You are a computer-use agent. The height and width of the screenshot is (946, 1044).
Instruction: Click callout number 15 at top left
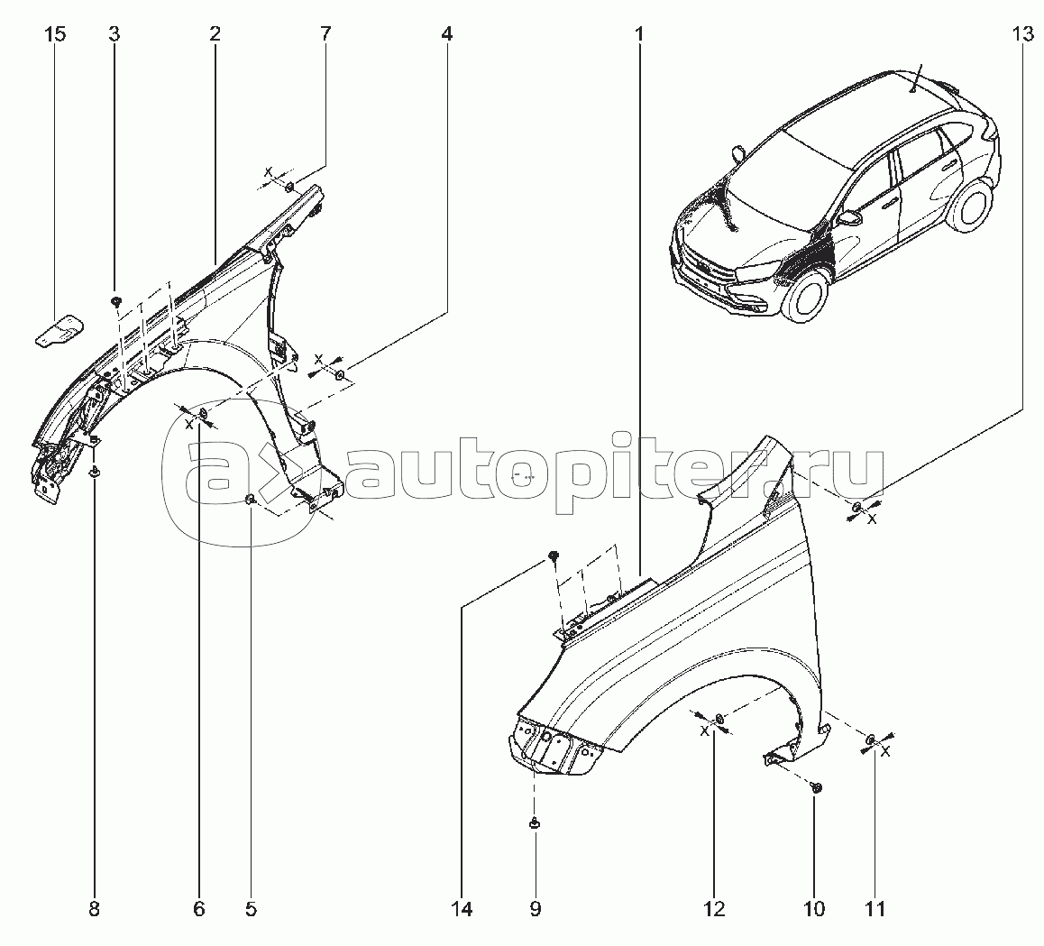point(56,34)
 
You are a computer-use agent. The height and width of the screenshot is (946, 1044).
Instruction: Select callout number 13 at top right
point(1022,34)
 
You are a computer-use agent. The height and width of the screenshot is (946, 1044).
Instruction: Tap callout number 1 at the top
point(639,34)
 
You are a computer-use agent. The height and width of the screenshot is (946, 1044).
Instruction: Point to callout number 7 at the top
point(325,34)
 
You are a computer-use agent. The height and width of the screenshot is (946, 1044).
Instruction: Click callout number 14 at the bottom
point(462,909)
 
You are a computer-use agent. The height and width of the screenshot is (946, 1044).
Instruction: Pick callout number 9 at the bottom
point(536,909)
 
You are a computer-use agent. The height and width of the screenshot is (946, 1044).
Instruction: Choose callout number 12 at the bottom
point(714,909)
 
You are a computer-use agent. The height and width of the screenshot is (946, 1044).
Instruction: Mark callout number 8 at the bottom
point(94,909)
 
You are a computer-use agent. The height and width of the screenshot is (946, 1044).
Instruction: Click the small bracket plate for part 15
point(60,330)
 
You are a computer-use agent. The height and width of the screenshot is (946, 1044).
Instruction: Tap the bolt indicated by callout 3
point(115,302)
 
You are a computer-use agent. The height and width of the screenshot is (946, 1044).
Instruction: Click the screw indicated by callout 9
point(534,824)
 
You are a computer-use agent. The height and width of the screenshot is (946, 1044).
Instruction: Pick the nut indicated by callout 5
point(250,500)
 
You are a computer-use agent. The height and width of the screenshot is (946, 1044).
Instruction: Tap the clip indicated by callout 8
point(94,473)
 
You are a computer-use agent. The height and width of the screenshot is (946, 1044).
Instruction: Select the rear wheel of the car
point(968,203)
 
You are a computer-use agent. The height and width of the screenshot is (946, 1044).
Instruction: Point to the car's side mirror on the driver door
point(850,218)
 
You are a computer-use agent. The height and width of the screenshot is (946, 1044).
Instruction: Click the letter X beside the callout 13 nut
point(872,519)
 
